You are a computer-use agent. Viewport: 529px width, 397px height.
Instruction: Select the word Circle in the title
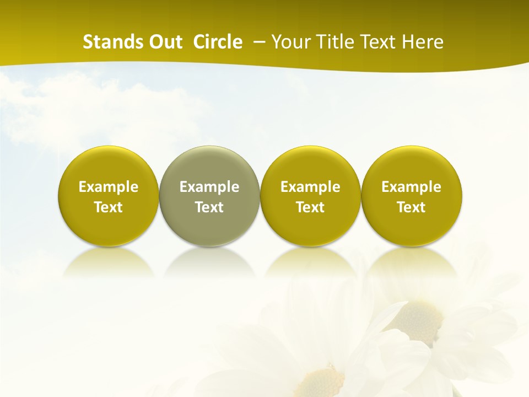tap(218, 42)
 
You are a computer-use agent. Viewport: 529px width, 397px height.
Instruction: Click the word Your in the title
tap(289, 42)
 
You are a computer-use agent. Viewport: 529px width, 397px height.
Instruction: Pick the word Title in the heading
tap(332, 42)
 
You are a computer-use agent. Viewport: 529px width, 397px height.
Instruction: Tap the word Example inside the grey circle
tap(209, 187)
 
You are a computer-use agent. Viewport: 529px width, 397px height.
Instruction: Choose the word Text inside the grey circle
tap(209, 207)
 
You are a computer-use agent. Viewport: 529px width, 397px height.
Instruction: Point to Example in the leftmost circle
tap(109, 187)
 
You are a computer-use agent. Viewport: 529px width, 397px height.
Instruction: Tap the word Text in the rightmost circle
tap(411, 207)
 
